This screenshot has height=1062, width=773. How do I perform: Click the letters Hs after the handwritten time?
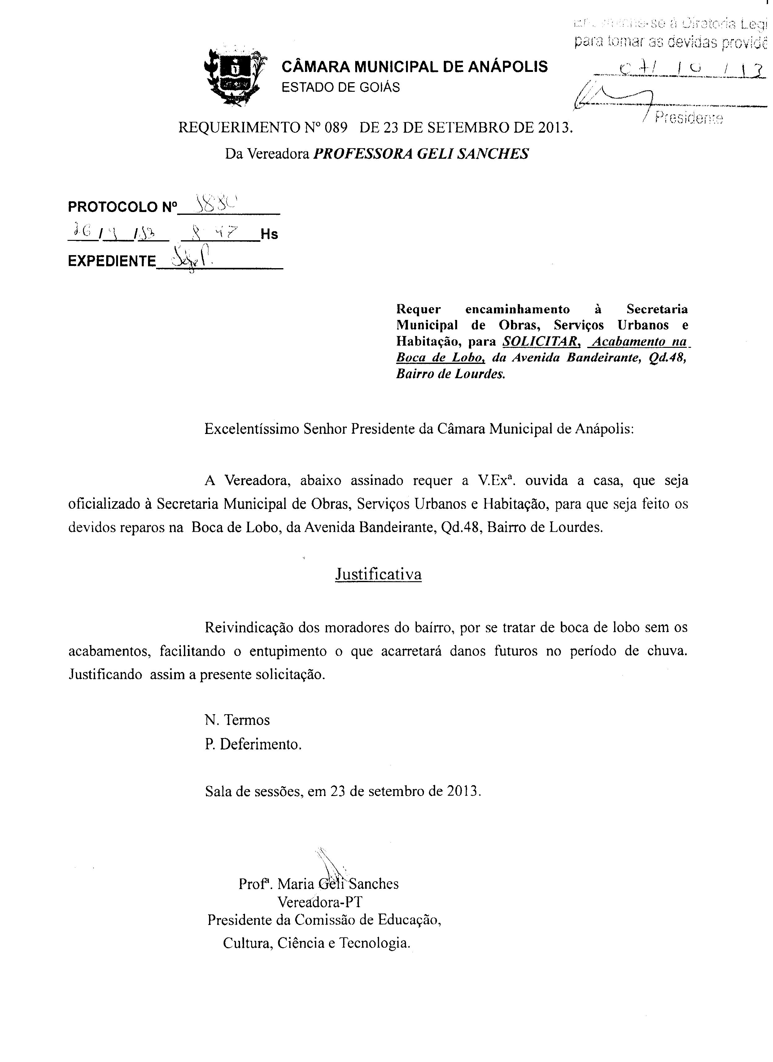(269, 234)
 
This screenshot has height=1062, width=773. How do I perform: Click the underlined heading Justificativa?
(378, 574)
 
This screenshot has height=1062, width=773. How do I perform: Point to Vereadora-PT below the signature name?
(320, 902)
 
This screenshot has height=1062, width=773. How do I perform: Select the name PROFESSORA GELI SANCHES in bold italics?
(421, 153)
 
